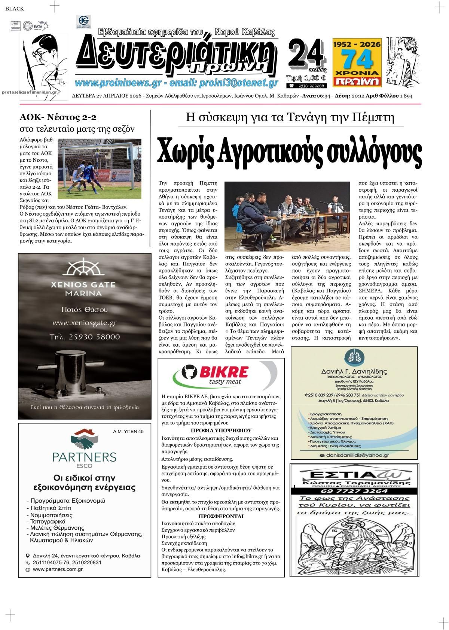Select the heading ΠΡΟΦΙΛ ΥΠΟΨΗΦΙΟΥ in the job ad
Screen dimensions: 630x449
[x=221, y=430]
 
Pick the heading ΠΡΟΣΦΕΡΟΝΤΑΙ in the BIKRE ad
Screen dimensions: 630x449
[x=221, y=516]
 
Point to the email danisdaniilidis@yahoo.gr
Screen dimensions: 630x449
[x=352, y=455]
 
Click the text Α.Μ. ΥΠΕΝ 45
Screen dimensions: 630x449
[x=128, y=432]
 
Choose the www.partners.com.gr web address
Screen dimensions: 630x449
[x=58, y=569]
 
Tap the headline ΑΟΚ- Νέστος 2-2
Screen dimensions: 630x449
[x=58, y=117]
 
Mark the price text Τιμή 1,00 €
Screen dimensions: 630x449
[x=306, y=78]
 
